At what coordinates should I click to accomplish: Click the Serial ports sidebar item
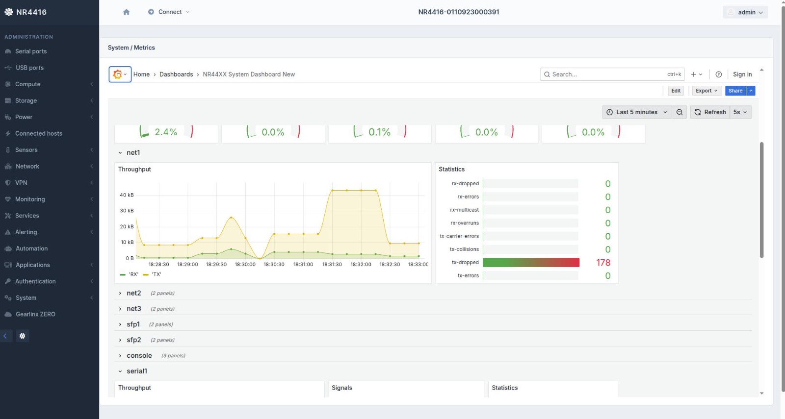click(x=31, y=51)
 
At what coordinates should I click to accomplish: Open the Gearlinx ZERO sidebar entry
click(x=35, y=314)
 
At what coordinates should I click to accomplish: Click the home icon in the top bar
click(x=126, y=12)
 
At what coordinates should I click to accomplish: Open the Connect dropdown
click(x=169, y=12)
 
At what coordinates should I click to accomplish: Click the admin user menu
click(x=745, y=12)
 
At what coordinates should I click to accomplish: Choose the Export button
click(x=706, y=91)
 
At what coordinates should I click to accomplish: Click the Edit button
click(x=676, y=91)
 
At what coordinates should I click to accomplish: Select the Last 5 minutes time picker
click(x=636, y=112)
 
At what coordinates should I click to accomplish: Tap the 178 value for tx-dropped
click(x=603, y=263)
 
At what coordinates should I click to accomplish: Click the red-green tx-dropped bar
click(x=531, y=263)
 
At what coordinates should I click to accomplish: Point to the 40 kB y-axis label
click(x=127, y=195)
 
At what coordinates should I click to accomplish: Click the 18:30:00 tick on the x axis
click(x=245, y=265)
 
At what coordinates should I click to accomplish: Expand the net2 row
click(x=133, y=293)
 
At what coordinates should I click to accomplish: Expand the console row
click(x=139, y=356)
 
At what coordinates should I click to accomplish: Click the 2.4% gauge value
click(x=166, y=132)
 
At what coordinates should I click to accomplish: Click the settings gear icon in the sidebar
click(x=22, y=336)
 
